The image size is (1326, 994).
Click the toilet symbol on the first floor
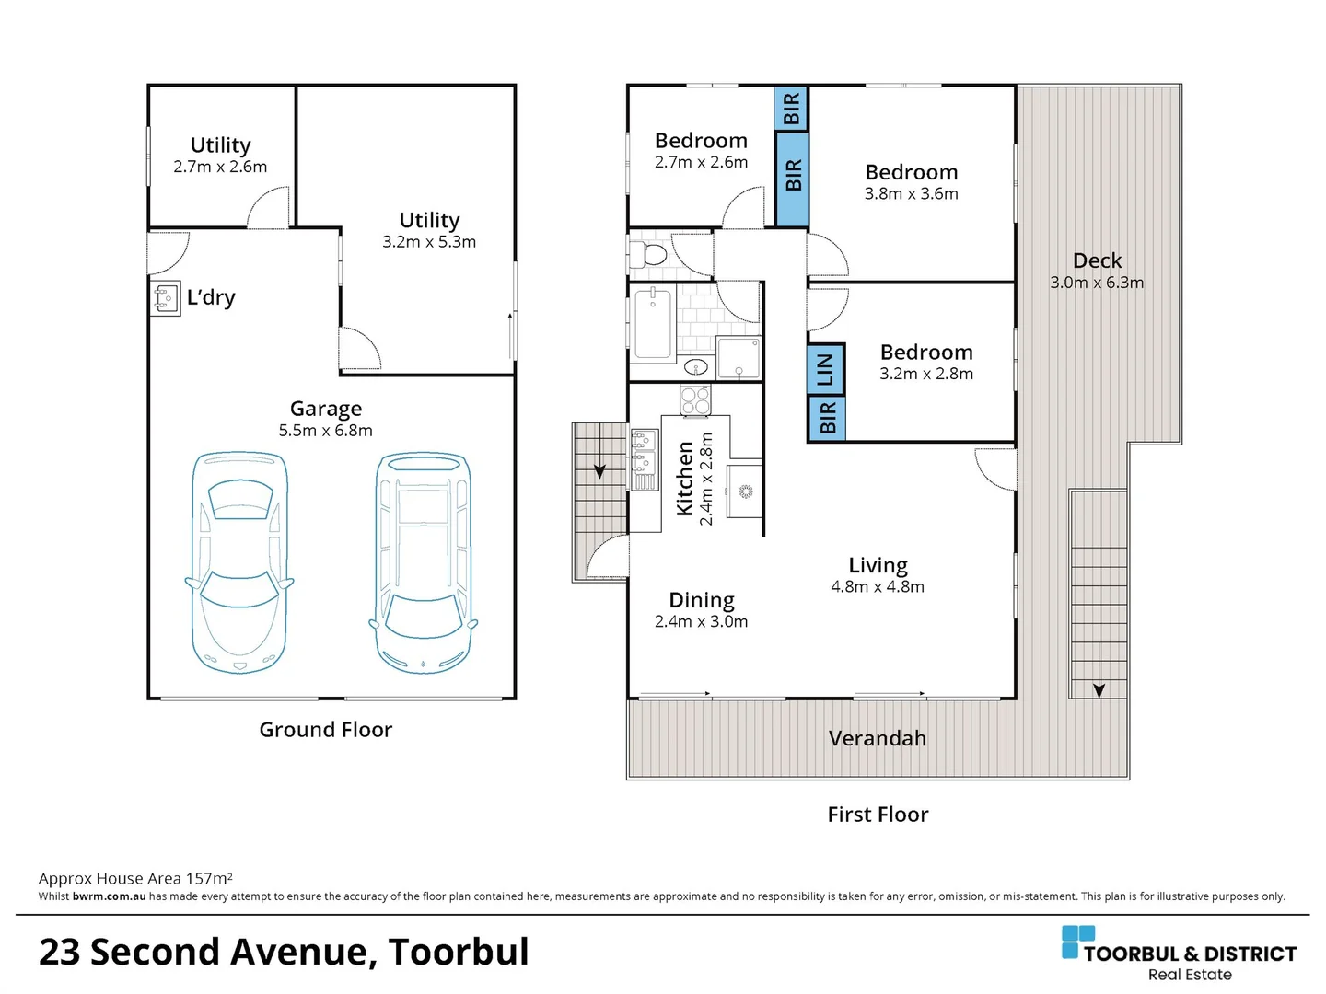[x=647, y=254]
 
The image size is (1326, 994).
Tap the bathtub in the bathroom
[x=653, y=325]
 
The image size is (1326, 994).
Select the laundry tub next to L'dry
[x=165, y=298]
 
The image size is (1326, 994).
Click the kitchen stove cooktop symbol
[x=695, y=399]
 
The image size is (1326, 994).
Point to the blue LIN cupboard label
[x=826, y=369]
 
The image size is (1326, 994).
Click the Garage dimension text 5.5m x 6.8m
[x=326, y=431]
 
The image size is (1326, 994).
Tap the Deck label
[x=1097, y=260]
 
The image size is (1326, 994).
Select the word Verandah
[x=878, y=738]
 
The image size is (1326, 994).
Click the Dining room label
[x=702, y=600]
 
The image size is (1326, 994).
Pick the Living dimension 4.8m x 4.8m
[x=878, y=586]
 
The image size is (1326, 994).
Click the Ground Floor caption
[x=326, y=730]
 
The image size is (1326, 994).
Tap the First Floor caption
[x=878, y=815]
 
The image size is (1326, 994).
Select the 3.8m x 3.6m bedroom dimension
[x=911, y=193]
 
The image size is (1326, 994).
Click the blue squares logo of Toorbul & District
[x=1077, y=942]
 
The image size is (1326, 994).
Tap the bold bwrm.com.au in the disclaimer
[x=110, y=896]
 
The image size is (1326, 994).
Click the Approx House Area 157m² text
[x=135, y=878]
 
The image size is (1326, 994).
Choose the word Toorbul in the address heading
[x=459, y=953]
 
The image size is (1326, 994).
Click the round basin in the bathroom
[x=696, y=367]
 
